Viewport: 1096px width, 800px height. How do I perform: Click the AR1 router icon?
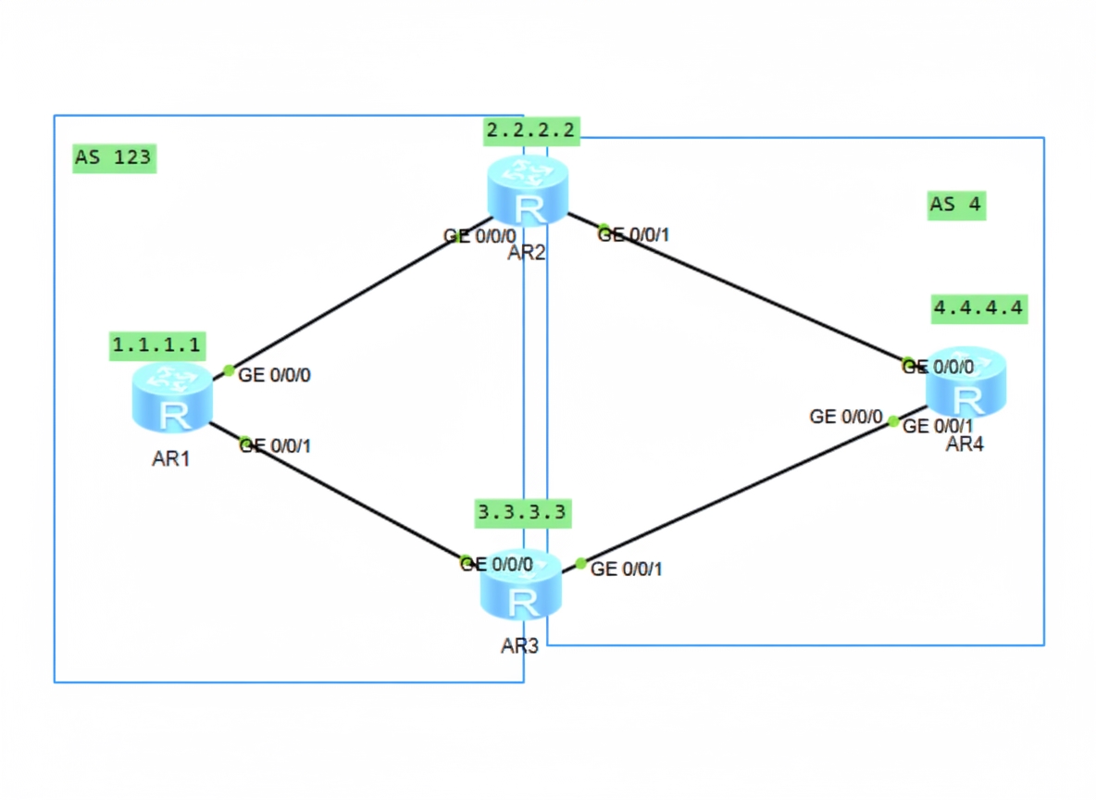tap(172, 398)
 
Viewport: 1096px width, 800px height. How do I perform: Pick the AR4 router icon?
tap(966, 382)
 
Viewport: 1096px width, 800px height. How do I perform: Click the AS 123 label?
tap(112, 157)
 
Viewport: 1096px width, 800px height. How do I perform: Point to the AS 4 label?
tap(955, 205)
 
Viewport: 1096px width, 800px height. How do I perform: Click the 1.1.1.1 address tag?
tap(156, 344)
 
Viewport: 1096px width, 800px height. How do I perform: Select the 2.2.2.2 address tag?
tap(531, 131)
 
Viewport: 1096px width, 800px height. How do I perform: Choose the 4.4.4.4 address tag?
tap(979, 308)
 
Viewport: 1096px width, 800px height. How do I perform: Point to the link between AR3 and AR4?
tap(741, 492)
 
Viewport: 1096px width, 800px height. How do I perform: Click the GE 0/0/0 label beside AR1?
tap(280, 375)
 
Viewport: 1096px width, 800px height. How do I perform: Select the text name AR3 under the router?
tap(519, 646)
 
